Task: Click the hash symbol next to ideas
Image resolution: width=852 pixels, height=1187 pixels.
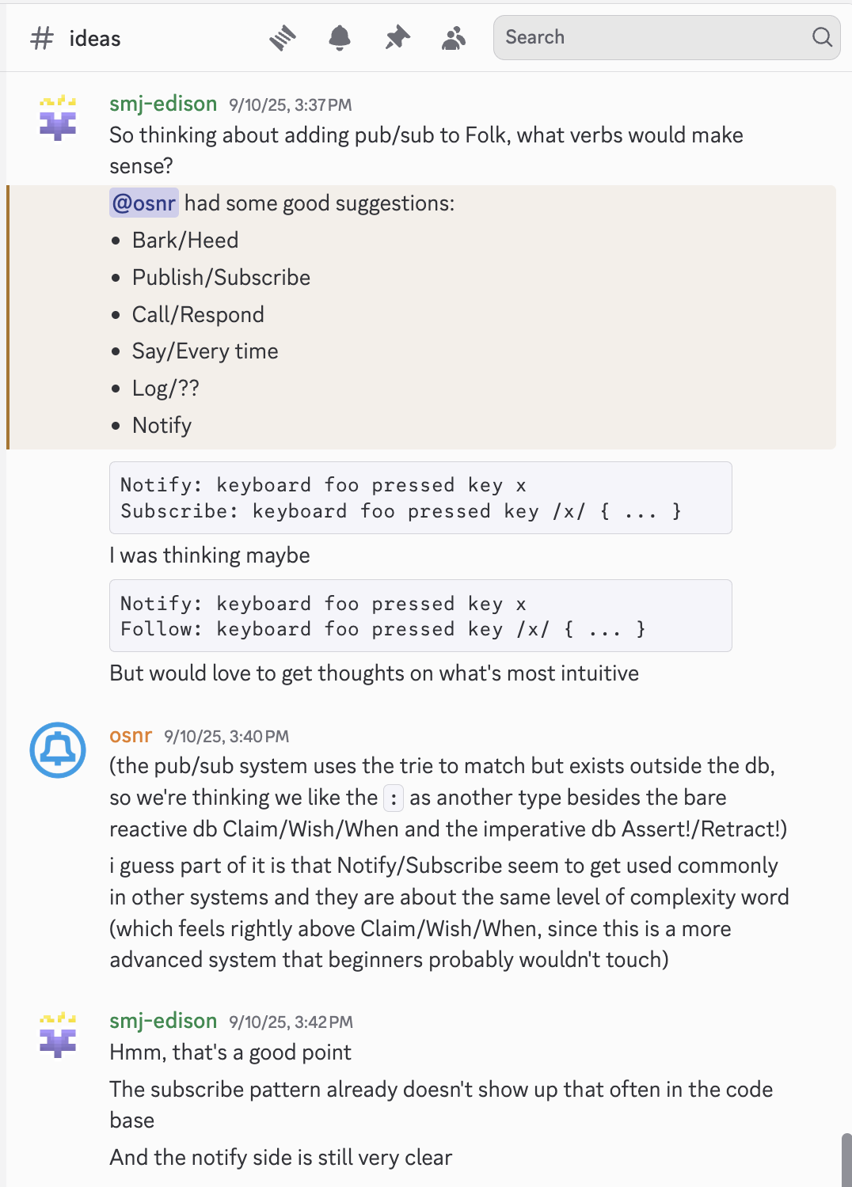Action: point(42,38)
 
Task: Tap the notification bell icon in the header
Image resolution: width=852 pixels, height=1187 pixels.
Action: point(340,37)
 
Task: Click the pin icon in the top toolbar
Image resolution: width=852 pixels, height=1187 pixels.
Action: point(397,37)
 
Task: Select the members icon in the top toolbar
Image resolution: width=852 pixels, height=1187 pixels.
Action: point(454,37)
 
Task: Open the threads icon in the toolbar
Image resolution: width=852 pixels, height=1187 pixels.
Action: point(283,37)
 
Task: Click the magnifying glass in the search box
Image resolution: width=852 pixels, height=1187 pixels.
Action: point(822,37)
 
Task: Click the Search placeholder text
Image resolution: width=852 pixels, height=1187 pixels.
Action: point(535,37)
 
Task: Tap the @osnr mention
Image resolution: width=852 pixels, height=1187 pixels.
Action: point(144,203)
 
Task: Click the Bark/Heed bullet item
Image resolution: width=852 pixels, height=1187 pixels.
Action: point(185,241)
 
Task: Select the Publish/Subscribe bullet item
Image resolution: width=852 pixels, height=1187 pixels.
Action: point(221,278)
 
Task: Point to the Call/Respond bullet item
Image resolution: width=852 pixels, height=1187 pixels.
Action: point(198,315)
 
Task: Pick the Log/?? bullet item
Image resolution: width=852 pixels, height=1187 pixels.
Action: point(165,389)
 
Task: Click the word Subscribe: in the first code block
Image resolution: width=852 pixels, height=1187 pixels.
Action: point(179,511)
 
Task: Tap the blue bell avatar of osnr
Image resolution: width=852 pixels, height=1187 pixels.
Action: point(58,749)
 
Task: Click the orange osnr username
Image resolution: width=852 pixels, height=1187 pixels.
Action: point(131,736)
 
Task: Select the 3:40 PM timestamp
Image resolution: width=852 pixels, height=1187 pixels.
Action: point(226,737)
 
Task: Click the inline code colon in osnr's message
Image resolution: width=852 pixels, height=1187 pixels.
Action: point(394,798)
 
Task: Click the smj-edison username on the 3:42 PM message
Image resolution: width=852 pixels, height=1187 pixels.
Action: point(163,1021)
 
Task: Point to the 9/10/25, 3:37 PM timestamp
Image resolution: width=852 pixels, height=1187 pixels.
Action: point(291,105)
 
